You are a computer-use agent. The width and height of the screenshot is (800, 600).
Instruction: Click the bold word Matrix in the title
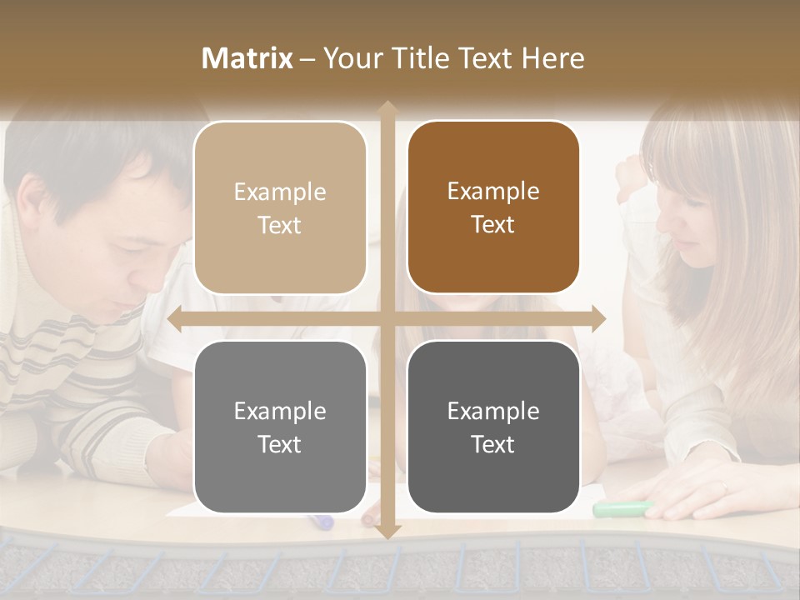[x=247, y=58]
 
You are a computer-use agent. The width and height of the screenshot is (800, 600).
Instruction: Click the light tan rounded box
[x=280, y=207]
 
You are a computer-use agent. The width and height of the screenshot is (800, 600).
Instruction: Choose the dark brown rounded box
[x=493, y=207]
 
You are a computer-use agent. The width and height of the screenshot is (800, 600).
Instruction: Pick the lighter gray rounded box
[x=280, y=427]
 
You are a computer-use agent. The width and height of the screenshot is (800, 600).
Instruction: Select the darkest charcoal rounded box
[x=493, y=427]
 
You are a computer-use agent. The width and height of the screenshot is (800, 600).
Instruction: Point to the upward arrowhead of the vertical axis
[x=387, y=109]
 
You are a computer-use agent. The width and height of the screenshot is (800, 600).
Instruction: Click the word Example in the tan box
[x=280, y=192]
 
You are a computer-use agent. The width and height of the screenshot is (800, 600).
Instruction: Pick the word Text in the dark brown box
[x=493, y=225]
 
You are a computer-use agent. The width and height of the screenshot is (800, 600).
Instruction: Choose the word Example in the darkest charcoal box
[x=493, y=411]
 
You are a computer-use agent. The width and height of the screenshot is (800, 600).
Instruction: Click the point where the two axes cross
[x=387, y=318]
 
